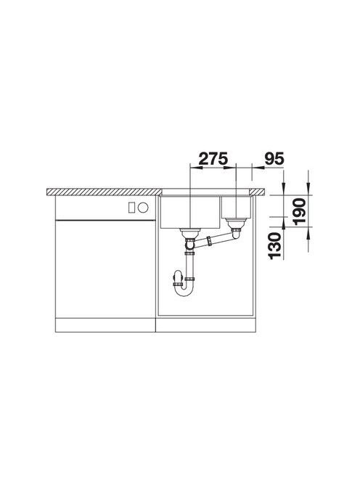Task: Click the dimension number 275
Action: pos(213,159)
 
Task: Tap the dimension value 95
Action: pos(274,159)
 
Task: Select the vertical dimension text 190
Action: pos(299,212)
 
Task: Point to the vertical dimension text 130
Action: pos(274,246)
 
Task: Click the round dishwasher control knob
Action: pos(143,208)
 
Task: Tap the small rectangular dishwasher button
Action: pos(131,208)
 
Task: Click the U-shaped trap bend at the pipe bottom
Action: pos(184,291)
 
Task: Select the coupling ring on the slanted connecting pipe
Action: pos(210,241)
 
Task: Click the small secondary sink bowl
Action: pos(236,207)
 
